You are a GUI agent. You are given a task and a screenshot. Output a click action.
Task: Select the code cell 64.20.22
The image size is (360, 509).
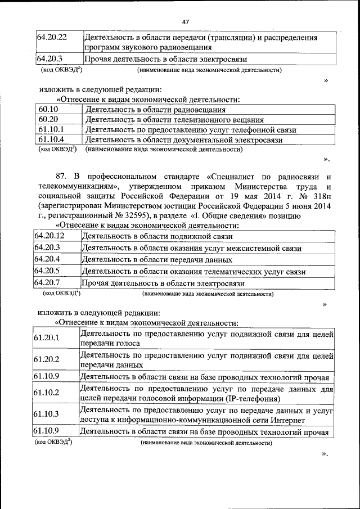[x=52, y=38]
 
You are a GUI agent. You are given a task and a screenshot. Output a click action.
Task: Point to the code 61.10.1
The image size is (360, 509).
[x=52, y=130]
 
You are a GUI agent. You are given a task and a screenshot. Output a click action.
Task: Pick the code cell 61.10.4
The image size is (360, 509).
[x=52, y=140]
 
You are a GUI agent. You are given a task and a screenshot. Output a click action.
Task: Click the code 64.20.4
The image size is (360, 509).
[x=47, y=259]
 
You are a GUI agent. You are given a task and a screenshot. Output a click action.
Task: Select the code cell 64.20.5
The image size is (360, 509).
[x=47, y=272]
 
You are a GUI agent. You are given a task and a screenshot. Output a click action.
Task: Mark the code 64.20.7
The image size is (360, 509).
[x=47, y=283]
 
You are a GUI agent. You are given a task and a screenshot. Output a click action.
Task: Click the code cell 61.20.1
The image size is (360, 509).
[x=47, y=338]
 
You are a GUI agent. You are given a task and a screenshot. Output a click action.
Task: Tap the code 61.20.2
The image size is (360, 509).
[x=47, y=359]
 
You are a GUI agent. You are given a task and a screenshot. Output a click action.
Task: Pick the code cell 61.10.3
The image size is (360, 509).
[x=47, y=414]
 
